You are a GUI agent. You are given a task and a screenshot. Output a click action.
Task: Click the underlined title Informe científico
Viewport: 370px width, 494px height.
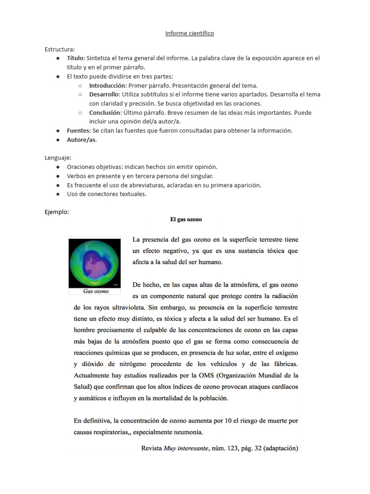coord(190,33)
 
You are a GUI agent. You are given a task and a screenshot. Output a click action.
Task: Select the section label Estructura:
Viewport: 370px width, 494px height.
coord(60,49)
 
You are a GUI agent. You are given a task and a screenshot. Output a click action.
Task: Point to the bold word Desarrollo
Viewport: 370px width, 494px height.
coord(104,95)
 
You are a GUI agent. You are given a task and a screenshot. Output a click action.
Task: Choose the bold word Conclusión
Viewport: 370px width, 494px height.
coord(105,112)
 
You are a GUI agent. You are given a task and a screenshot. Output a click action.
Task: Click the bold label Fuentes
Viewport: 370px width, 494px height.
coord(78,131)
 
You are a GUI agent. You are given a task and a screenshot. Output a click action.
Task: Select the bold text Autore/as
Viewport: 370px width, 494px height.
coord(81,140)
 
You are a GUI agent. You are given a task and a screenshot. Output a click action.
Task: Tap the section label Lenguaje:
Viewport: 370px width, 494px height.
coord(58,158)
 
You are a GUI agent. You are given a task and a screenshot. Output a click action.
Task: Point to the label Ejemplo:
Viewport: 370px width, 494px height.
coord(57,212)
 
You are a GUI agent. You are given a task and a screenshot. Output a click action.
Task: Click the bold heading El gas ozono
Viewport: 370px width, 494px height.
coord(186,220)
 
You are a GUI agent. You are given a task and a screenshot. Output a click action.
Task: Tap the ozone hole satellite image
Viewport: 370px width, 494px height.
coord(94,262)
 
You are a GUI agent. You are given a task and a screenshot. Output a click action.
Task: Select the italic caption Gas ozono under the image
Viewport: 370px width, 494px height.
coord(96,291)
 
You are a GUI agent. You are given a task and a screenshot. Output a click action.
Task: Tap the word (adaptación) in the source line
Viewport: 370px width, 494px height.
coord(281,449)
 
